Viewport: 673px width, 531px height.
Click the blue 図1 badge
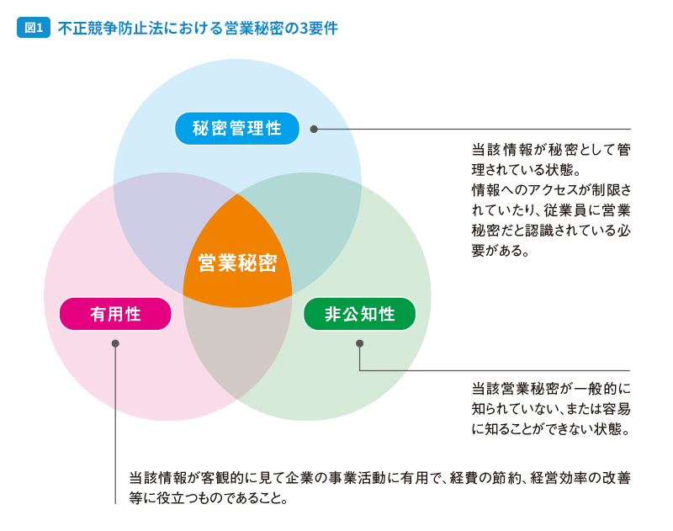tap(34, 28)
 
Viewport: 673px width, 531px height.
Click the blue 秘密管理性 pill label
tap(237, 129)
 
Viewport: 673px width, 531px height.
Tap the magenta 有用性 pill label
tap(115, 314)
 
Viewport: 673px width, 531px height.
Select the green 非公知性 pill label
tap(360, 314)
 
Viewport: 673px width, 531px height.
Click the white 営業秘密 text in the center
tap(237, 263)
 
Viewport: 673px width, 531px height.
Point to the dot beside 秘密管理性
tap(314, 129)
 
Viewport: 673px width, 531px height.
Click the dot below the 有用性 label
tap(115, 343)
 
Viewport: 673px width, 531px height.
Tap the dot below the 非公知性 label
tap(360, 343)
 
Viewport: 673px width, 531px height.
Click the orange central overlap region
tap(237, 258)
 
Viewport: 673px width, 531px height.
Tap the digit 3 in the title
tap(304, 29)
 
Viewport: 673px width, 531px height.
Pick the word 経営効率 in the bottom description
tap(559, 478)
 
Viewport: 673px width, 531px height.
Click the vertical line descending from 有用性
tap(115, 426)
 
